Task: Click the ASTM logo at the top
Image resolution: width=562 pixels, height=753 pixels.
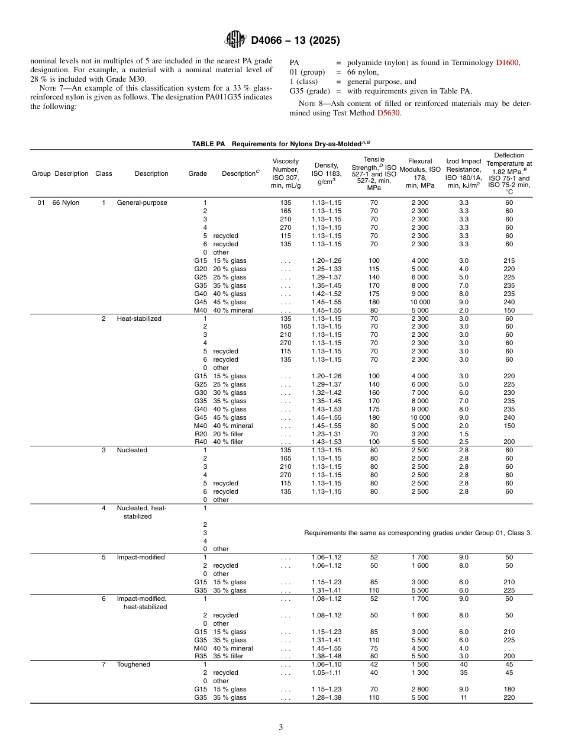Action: coord(235,40)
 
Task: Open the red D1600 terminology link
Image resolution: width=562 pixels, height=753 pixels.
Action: coord(507,62)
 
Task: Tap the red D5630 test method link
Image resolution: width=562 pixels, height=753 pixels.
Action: coord(389,112)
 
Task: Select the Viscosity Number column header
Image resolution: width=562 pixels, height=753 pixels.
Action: coord(286,173)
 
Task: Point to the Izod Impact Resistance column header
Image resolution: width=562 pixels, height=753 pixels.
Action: coord(464,173)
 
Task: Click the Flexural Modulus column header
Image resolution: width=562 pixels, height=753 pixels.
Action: coord(420,173)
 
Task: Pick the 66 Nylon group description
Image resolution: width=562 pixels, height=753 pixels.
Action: coord(65,202)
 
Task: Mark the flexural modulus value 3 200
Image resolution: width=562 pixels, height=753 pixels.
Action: coord(420,434)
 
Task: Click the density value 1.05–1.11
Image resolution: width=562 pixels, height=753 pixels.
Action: coord(327,672)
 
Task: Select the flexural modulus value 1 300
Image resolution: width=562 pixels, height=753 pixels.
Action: coord(420,672)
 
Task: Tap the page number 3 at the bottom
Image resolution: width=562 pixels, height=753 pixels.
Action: coord(281,728)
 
